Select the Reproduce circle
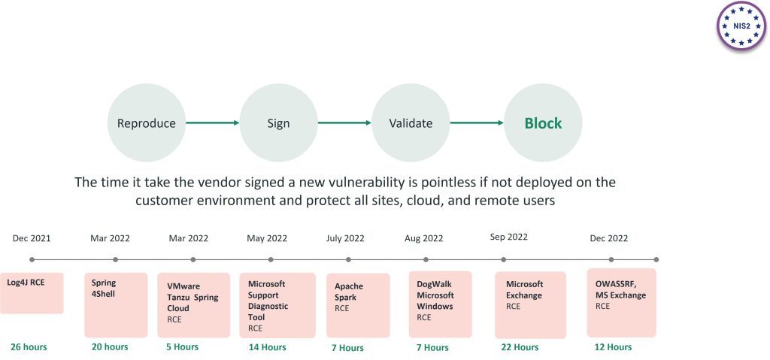pos(147,123)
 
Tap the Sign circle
pos(278,123)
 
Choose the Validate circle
pos(411,123)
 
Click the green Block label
pos(543,123)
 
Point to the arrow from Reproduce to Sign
pos(212,123)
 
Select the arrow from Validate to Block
pos(477,123)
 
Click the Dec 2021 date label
pos(32,238)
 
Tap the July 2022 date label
pos(345,238)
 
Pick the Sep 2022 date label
pos(509,237)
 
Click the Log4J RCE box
pos(32,293)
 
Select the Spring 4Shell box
pos(116,304)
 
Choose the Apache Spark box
pos(358,304)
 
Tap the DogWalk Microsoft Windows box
pos(440,303)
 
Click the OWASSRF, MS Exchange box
pos(621,302)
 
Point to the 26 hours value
pos(29,346)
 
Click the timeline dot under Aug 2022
pos(426,259)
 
